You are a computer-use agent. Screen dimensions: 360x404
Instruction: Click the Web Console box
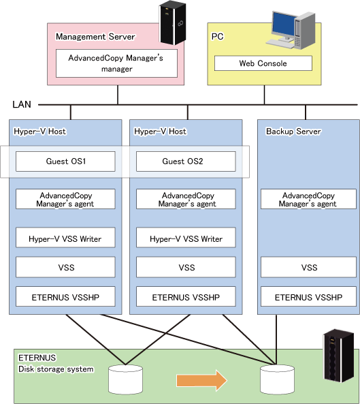[x=263, y=63]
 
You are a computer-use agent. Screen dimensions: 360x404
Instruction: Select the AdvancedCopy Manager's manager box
[x=116, y=63]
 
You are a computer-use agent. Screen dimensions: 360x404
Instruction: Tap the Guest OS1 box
[x=65, y=161]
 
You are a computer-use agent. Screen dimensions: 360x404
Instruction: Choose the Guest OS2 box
[x=186, y=161]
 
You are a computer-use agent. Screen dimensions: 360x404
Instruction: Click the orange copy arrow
[x=201, y=381]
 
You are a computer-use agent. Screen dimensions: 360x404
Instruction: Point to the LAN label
[x=22, y=104]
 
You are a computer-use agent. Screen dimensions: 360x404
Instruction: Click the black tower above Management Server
[x=173, y=22]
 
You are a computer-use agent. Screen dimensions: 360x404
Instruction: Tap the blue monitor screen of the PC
[x=284, y=24]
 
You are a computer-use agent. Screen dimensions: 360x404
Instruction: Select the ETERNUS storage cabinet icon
[x=338, y=356]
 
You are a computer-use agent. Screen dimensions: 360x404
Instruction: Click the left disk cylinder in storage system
[x=126, y=379]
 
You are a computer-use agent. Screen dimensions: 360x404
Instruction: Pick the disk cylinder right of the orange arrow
[x=277, y=379]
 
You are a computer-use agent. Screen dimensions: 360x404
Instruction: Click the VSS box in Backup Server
[x=308, y=267]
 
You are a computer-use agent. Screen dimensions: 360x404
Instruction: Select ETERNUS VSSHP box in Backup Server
[x=308, y=296]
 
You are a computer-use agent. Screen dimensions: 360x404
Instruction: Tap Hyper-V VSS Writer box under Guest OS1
[x=65, y=238]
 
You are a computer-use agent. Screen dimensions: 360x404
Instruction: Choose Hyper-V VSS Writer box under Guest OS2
[x=186, y=238]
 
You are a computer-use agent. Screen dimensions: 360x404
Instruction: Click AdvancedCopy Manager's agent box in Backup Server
[x=308, y=199]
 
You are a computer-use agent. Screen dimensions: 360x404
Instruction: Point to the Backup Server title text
[x=293, y=131]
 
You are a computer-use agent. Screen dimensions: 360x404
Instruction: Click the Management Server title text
[x=95, y=37]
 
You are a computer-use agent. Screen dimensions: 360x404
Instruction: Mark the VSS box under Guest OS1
[x=65, y=267]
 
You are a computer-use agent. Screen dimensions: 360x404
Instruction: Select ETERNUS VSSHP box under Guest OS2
[x=186, y=296]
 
